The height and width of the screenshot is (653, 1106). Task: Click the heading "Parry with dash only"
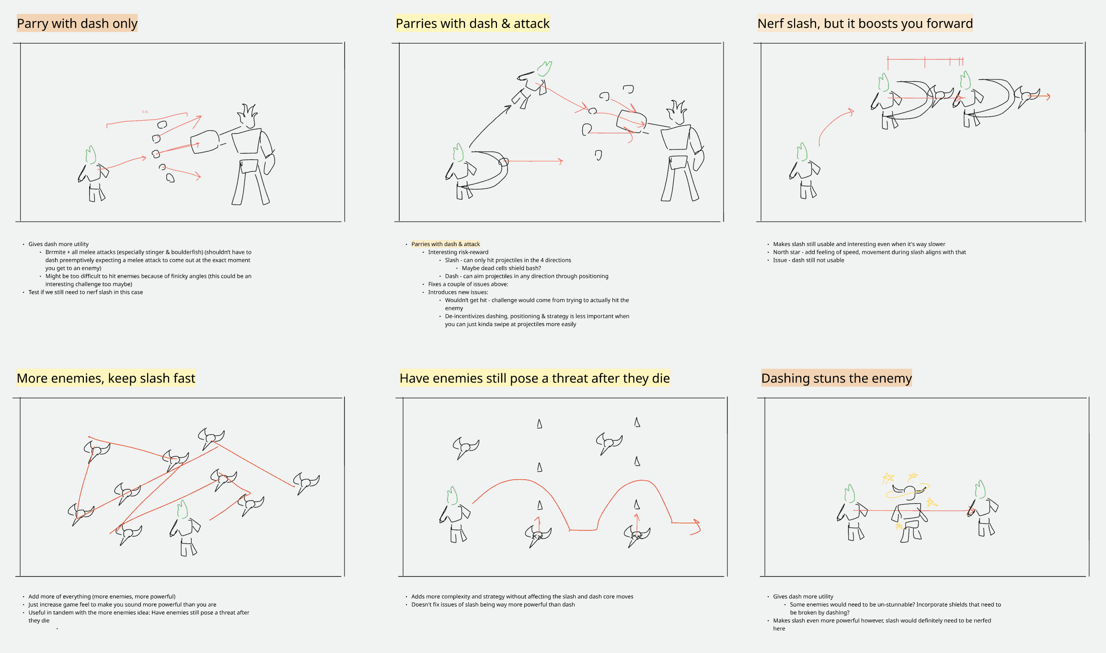[x=77, y=23]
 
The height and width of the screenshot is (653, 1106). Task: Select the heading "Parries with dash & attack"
[x=472, y=23]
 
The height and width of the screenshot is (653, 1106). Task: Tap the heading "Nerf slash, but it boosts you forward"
[x=865, y=23]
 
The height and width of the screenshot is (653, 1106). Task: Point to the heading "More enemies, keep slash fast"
[x=106, y=378]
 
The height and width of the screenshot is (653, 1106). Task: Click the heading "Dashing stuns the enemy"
[x=836, y=378]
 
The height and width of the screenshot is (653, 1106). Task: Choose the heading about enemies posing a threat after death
[x=534, y=378]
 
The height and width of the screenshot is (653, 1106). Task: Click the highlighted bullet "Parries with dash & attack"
[x=446, y=244]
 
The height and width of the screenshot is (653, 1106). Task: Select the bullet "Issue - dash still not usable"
[x=808, y=260]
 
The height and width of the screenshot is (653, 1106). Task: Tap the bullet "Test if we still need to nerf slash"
[x=86, y=292]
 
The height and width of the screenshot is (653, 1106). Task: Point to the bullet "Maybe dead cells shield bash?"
[x=501, y=268]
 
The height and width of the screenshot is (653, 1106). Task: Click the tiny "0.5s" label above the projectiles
[x=145, y=112]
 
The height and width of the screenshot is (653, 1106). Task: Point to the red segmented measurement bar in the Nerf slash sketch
[x=925, y=61]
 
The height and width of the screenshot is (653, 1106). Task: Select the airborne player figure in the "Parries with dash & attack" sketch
[x=532, y=85]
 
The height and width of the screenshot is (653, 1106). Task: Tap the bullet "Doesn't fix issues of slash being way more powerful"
[x=493, y=605]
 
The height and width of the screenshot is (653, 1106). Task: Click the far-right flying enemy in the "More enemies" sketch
[x=306, y=483]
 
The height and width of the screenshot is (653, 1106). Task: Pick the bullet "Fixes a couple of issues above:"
[x=468, y=284]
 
